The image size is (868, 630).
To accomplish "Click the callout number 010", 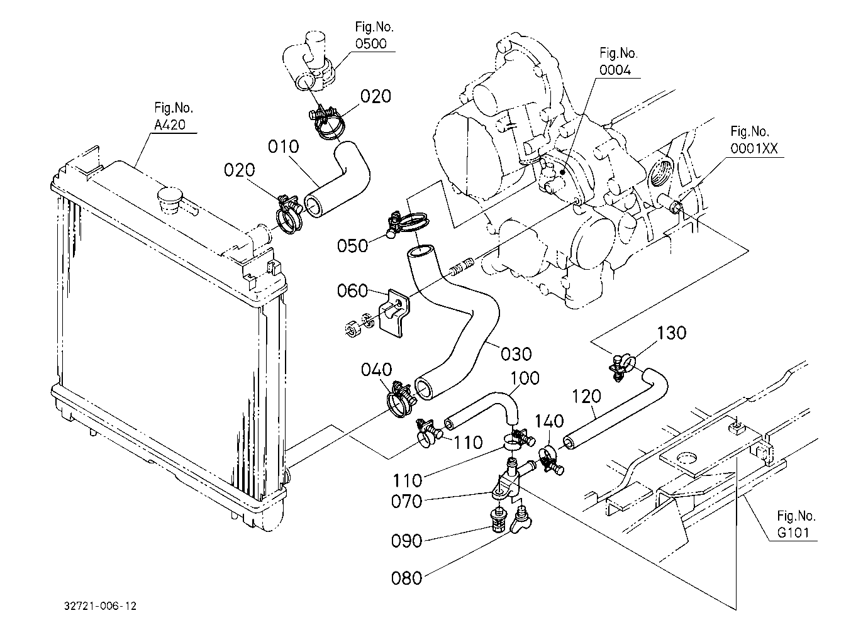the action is (283, 147).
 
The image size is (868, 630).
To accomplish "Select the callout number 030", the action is (516, 354).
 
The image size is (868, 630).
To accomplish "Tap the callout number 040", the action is (376, 370).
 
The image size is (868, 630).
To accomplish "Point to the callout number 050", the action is (352, 246).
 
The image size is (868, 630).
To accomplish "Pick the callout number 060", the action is (352, 290).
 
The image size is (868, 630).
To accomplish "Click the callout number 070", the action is (406, 501).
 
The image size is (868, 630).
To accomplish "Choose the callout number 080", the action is (406, 578).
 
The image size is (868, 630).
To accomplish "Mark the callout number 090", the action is (406, 541).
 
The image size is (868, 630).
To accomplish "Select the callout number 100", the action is (525, 378).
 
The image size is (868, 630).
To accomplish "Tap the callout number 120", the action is (586, 396).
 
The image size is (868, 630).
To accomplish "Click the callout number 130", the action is (672, 333).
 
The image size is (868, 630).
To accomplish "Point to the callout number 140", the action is (550, 421).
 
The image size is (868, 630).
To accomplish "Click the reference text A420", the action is (170, 124).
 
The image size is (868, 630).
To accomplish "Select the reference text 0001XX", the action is (754, 148).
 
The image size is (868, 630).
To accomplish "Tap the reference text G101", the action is (793, 533).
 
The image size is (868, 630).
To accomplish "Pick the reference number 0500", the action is (371, 43).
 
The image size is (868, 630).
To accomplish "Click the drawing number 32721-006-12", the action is (101, 606).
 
